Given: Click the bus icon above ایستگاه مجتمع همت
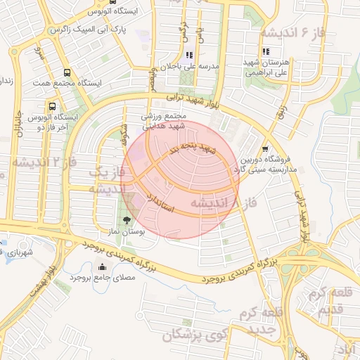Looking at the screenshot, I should (67, 72).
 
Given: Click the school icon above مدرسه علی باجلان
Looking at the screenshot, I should (188, 55).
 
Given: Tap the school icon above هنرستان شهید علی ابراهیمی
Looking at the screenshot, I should (265, 51).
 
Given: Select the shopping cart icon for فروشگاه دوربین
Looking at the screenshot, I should (264, 148).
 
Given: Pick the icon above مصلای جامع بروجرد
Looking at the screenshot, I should (103, 266).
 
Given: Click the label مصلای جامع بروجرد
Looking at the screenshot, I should (103, 278).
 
